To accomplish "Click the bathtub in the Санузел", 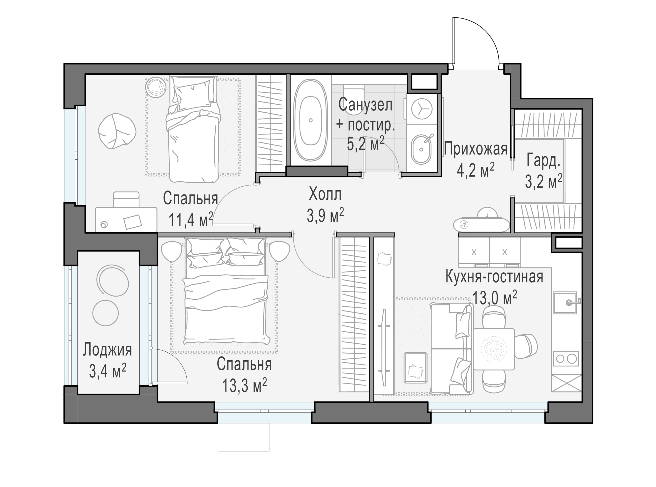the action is tap(310, 120).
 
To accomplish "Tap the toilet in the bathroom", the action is tap(354, 99).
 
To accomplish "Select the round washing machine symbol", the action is tap(421, 109).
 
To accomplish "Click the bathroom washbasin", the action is tap(421, 149).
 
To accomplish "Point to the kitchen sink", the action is tap(565, 303).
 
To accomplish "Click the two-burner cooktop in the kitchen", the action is tap(566, 359).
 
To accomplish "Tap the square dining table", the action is tap(494, 349).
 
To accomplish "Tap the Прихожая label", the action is tap(475, 149).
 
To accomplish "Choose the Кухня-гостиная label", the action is tap(494, 277).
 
